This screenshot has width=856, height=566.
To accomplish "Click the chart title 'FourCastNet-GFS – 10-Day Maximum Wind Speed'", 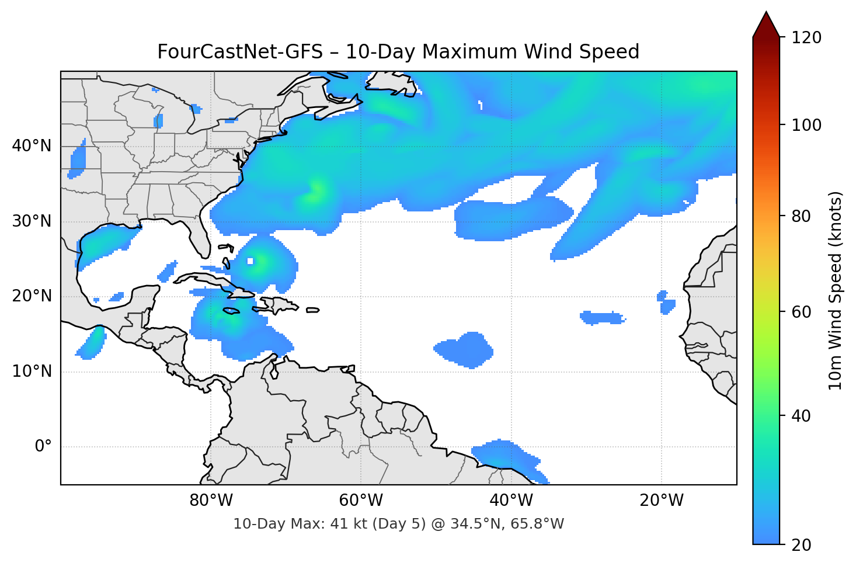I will pyautogui.click(x=398, y=52).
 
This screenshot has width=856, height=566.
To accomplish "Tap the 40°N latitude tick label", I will pyautogui.click(x=32, y=146).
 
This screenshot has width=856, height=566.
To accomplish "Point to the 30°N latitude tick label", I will pyautogui.click(x=32, y=221).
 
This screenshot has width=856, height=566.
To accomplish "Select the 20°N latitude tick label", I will pyautogui.click(x=32, y=296).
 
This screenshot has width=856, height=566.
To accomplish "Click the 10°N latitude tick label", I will pyautogui.click(x=32, y=371).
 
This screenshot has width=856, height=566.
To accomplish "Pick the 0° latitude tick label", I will pyautogui.click(x=43, y=447).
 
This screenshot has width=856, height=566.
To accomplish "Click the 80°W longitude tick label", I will pyautogui.click(x=211, y=501).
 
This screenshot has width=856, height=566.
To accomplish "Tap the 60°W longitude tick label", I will pyautogui.click(x=361, y=501).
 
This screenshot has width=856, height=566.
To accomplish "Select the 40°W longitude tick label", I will pyautogui.click(x=511, y=501).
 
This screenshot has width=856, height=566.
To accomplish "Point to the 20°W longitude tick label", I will pyautogui.click(x=661, y=501).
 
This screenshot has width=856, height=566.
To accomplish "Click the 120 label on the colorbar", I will pyautogui.click(x=806, y=38).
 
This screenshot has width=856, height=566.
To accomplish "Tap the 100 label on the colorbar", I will pyautogui.click(x=806, y=125).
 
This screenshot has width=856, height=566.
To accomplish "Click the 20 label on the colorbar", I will pyautogui.click(x=802, y=545).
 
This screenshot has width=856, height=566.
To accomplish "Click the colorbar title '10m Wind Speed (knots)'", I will pyautogui.click(x=836, y=290).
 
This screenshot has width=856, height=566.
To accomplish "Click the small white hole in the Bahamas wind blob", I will pyautogui.click(x=250, y=261).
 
